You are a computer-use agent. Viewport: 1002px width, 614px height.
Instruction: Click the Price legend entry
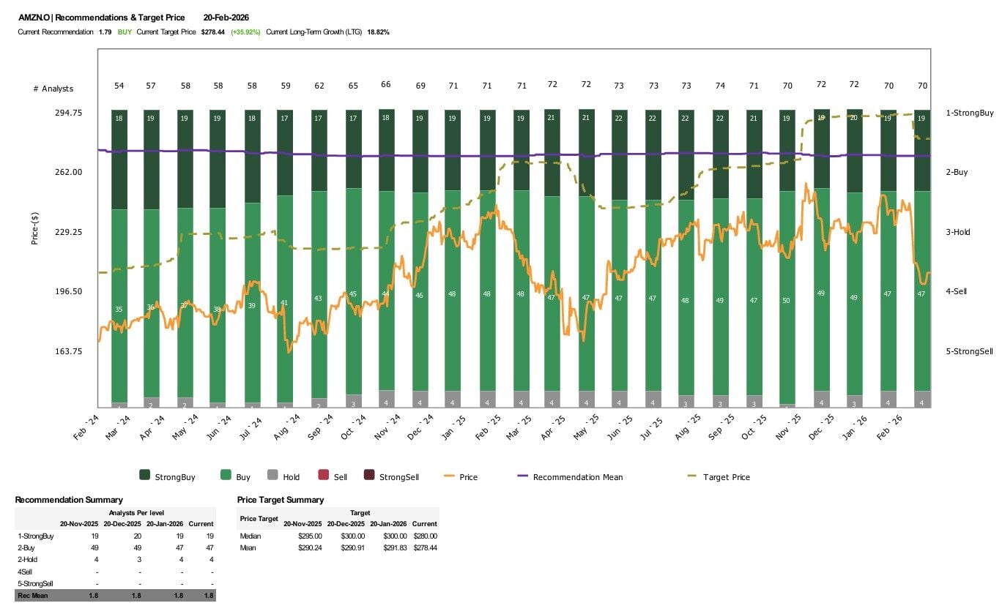[468, 477]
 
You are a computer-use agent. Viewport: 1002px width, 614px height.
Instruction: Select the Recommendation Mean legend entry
[578, 477]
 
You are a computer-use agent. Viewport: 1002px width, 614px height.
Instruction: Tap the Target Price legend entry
[726, 477]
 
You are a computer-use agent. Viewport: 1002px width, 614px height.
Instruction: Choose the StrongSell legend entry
[398, 477]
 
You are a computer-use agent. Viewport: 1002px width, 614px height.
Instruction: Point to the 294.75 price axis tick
[67, 113]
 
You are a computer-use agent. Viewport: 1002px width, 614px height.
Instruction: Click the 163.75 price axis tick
[67, 351]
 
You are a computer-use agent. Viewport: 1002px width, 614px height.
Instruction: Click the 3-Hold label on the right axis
[957, 232]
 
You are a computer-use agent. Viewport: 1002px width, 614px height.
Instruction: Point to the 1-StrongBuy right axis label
[969, 113]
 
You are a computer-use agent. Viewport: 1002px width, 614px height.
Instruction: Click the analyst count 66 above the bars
[386, 85]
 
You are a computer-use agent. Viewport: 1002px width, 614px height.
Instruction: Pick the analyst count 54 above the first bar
[119, 86]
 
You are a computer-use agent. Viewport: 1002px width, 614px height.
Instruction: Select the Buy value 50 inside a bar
[787, 300]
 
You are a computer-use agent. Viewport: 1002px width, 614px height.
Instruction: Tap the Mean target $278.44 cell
[424, 547]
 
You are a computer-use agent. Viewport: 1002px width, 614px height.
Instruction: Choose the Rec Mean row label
[32, 596]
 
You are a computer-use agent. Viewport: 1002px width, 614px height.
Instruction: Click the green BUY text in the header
[125, 32]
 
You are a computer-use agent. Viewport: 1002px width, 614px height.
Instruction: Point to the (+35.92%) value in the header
[245, 32]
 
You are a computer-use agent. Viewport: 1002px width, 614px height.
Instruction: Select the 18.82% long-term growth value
[378, 32]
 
